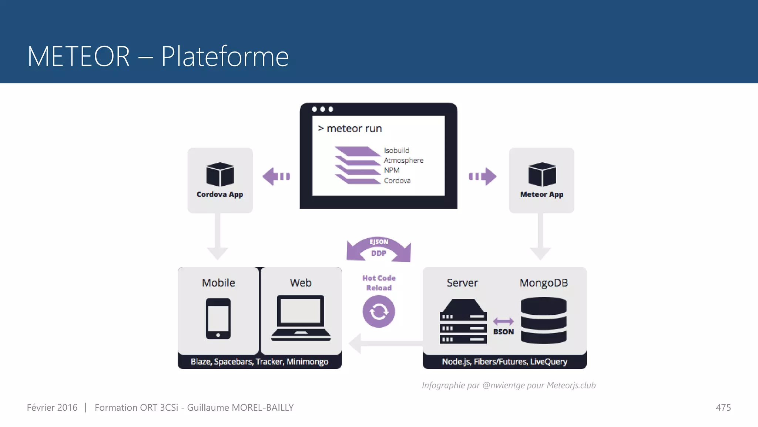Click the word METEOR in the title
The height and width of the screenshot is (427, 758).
click(x=78, y=56)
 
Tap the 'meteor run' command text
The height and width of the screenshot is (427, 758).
click(x=354, y=129)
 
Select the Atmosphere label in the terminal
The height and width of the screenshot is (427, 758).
click(x=403, y=160)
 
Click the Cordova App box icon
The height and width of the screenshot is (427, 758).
click(x=220, y=174)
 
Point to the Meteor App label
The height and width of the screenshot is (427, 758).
click(x=541, y=195)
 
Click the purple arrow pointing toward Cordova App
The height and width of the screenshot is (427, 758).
click(x=276, y=176)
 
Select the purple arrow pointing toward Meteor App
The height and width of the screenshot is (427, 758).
click(x=483, y=176)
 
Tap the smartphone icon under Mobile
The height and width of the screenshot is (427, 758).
click(x=218, y=318)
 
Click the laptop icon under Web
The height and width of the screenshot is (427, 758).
click(x=301, y=318)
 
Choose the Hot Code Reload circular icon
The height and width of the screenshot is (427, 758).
click(x=379, y=311)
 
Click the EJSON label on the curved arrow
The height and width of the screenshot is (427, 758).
click(x=379, y=242)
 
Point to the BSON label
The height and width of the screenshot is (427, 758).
click(x=503, y=332)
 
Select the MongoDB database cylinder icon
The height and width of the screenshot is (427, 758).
click(x=543, y=320)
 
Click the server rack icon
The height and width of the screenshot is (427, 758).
click(x=463, y=322)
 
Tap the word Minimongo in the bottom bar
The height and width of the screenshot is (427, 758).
click(x=307, y=362)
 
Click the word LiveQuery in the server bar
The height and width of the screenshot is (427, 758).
click(x=549, y=362)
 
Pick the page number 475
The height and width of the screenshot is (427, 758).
click(x=723, y=408)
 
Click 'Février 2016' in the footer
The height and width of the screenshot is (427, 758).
click(x=52, y=408)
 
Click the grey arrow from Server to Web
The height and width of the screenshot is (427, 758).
click(x=385, y=343)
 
